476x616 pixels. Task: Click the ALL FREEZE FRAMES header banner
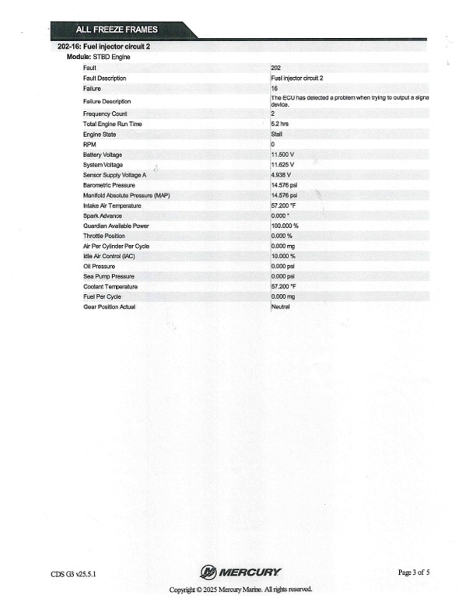[x=117, y=30]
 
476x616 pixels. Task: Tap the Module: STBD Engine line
[x=98, y=58]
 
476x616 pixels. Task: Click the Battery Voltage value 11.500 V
[x=282, y=155]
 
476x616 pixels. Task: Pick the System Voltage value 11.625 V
[x=282, y=165]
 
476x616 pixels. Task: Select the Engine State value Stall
[x=277, y=135]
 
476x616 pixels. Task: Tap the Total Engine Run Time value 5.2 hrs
[x=280, y=124]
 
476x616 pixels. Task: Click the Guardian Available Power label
[x=116, y=226]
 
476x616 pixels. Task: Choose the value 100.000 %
[x=285, y=226]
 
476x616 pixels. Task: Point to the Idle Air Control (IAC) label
[x=111, y=256]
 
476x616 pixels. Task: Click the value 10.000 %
[x=283, y=256]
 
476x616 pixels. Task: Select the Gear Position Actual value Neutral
[x=281, y=306]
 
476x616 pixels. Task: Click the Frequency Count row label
[x=105, y=114]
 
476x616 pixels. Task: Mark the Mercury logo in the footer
[x=240, y=572]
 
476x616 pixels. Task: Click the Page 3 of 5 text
[x=414, y=572]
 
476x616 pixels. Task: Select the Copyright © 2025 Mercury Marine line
[x=241, y=590]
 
